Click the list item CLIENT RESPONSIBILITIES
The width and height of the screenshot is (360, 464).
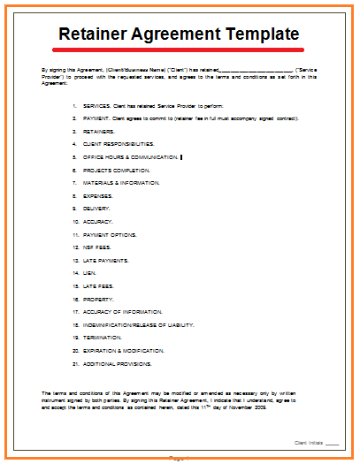(x=119, y=143)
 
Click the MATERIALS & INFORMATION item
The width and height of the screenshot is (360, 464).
(x=121, y=182)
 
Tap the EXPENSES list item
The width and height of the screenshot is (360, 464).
(x=100, y=195)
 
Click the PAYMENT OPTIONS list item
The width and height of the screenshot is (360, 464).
(x=111, y=234)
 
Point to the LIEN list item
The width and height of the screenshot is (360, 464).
(x=89, y=273)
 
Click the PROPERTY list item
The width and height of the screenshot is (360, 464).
(x=98, y=299)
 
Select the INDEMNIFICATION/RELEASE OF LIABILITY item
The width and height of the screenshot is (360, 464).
(x=139, y=325)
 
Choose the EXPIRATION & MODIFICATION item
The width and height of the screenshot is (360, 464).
(x=124, y=351)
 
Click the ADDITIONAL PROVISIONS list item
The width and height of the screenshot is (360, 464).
(x=118, y=364)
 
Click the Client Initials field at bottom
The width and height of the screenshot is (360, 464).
(x=332, y=442)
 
